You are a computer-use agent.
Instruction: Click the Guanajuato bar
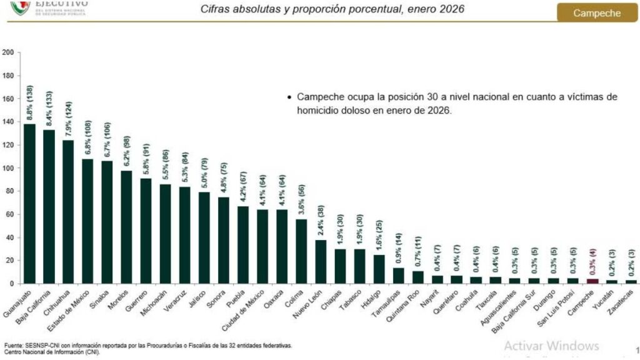(x=29, y=203)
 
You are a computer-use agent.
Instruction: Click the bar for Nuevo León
(x=321, y=261)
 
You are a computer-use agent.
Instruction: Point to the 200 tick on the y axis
(x=8, y=52)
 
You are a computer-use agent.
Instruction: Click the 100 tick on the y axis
(x=8, y=168)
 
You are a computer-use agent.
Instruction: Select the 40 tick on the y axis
(x=9, y=237)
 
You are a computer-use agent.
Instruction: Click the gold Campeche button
(x=597, y=12)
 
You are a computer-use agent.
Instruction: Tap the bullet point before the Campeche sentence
(x=289, y=97)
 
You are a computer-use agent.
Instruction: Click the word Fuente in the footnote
(x=15, y=345)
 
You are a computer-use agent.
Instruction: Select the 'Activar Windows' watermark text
(x=551, y=346)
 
